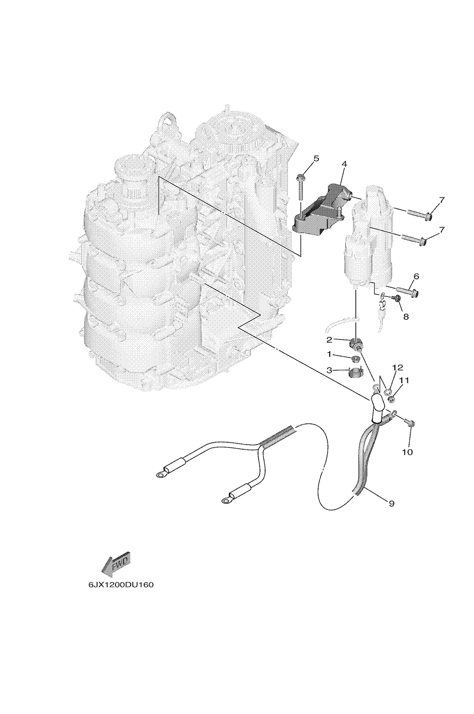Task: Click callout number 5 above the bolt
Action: [316, 158]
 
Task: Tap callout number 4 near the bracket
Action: [344, 164]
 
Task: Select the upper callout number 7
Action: [442, 200]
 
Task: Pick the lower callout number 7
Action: [442, 230]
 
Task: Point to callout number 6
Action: [416, 276]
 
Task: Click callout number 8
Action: [406, 317]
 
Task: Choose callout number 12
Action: [398, 368]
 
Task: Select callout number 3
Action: [329, 370]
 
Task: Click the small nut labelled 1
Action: [355, 359]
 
